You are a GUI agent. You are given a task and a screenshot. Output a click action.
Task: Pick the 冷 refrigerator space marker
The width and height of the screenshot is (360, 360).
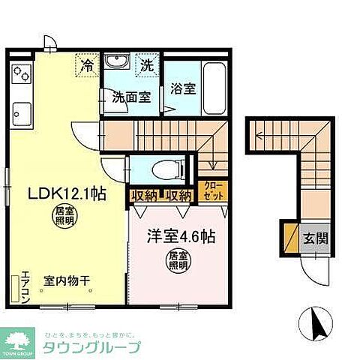point(88,65)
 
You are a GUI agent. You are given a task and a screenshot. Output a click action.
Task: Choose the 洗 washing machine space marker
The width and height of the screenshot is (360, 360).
point(147,65)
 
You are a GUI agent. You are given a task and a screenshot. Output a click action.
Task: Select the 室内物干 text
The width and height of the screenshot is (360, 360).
point(65,280)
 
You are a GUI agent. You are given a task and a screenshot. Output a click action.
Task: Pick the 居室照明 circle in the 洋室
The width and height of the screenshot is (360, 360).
point(178,262)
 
